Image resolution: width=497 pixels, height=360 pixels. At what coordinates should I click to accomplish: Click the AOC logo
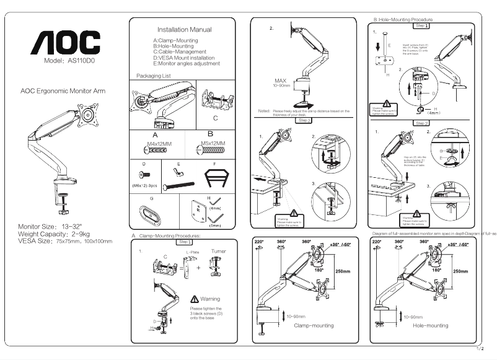point(66,43)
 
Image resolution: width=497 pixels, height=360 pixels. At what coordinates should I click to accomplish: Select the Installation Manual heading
point(184,30)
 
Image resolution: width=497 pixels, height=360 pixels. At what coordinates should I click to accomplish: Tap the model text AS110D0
point(68,61)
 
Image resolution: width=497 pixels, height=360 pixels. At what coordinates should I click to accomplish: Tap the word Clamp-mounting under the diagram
point(313,325)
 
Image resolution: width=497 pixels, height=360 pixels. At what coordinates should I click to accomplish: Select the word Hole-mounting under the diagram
point(429,325)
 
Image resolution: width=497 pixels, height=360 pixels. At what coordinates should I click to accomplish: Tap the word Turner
point(219,252)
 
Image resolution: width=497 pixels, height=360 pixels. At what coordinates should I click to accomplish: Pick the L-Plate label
point(191,253)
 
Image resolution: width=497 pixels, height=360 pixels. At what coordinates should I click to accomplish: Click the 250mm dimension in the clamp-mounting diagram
point(343,271)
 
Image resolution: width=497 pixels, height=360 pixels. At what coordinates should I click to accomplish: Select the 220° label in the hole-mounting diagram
point(377,242)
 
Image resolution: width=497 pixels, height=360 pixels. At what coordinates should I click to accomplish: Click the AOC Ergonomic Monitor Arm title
point(63,90)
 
